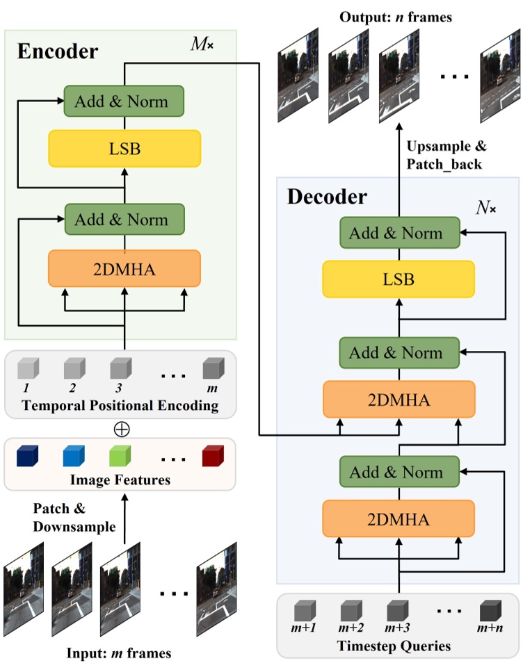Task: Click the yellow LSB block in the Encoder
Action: pos(124,148)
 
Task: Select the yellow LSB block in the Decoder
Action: pos(398,279)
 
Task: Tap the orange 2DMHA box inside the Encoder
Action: pos(124,268)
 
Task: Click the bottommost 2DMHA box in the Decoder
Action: pos(398,519)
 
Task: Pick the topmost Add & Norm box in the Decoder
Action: pos(398,233)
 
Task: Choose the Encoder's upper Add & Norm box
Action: pos(124,101)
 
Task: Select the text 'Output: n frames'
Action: pos(396,17)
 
